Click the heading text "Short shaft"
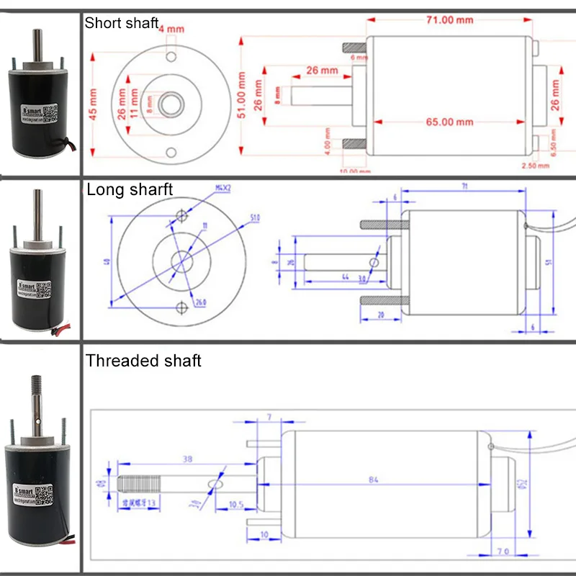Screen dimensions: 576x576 pos(121,23)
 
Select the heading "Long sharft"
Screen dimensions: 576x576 pos(130,190)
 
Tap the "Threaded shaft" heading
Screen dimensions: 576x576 pos(143,361)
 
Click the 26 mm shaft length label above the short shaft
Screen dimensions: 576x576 pos(321,70)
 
